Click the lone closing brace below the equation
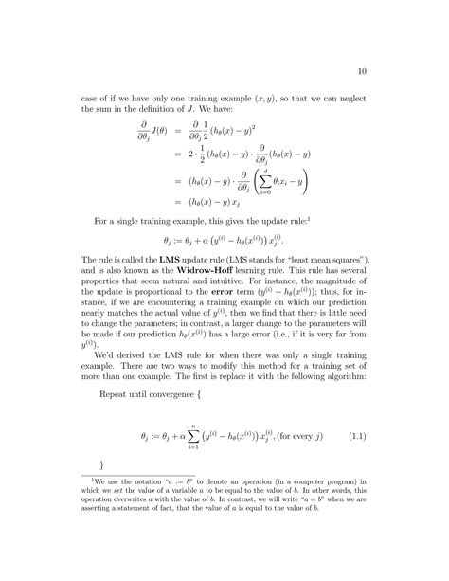(100, 492)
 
